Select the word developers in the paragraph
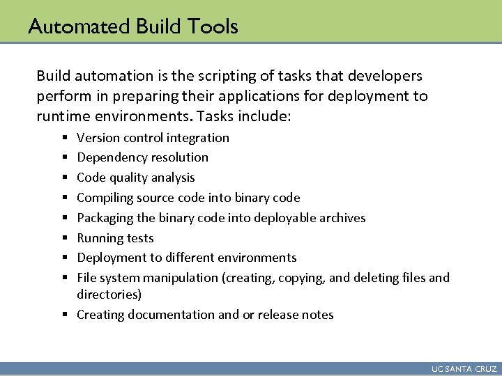pos(386,75)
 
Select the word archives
pos(341,218)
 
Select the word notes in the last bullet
pos(317,315)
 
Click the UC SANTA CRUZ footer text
pos(464,369)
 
